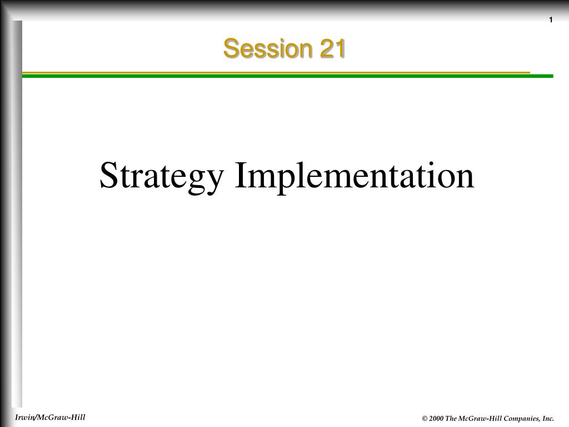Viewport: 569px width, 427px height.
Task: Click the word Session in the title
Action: [x=268, y=48]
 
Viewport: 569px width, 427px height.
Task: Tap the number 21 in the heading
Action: [x=332, y=48]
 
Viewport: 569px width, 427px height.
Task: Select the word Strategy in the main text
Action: [x=162, y=177]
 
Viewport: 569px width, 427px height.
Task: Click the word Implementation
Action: [x=355, y=176]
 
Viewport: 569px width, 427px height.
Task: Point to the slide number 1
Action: [x=551, y=20]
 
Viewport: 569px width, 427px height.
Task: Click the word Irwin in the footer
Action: [x=23, y=417]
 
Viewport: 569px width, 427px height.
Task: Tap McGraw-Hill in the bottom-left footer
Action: [x=61, y=417]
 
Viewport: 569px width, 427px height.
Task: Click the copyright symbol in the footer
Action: [x=425, y=419]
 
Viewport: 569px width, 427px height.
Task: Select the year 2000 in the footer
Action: [x=436, y=419]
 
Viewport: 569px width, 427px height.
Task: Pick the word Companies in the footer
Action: [x=521, y=419]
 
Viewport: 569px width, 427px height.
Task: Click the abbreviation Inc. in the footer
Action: [x=548, y=419]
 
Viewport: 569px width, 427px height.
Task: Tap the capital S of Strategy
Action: [x=109, y=175]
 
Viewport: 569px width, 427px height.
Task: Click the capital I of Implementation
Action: [x=241, y=175]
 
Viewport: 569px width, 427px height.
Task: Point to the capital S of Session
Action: [x=231, y=48]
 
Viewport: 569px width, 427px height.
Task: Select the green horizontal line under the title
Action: [x=288, y=76]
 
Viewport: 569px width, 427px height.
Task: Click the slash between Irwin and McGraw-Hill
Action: [x=34, y=418]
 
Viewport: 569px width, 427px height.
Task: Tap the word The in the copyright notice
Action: [x=451, y=419]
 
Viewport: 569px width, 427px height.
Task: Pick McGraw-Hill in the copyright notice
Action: [x=480, y=419]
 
